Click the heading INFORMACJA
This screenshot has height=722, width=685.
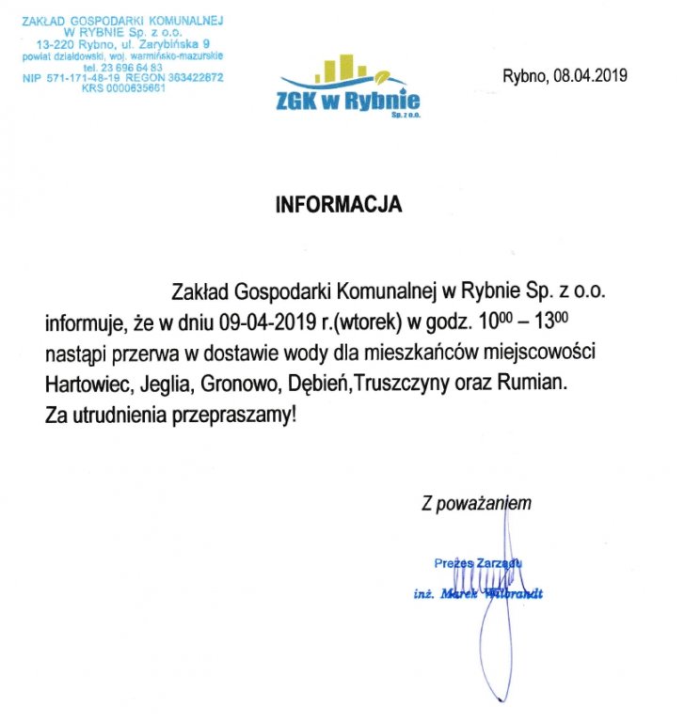(339, 204)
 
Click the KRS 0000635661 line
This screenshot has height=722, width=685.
(123, 88)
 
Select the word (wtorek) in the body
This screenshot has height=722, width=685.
(362, 323)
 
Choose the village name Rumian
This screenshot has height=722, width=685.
(535, 385)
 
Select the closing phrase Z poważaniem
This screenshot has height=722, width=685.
(476, 504)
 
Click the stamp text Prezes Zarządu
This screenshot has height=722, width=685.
(478, 563)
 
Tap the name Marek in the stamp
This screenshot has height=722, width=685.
(459, 594)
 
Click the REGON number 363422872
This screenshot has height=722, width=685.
(191, 78)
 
